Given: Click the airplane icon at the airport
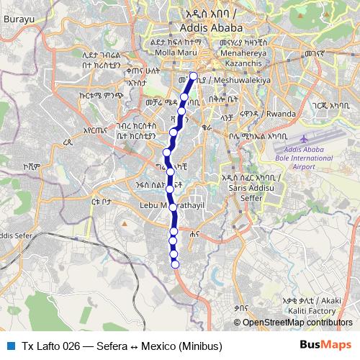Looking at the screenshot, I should pyautogui.click(x=302, y=138).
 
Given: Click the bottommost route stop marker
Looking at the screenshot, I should pyautogui.click(x=174, y=264).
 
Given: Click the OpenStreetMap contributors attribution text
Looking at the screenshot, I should pyautogui.click(x=297, y=323).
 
